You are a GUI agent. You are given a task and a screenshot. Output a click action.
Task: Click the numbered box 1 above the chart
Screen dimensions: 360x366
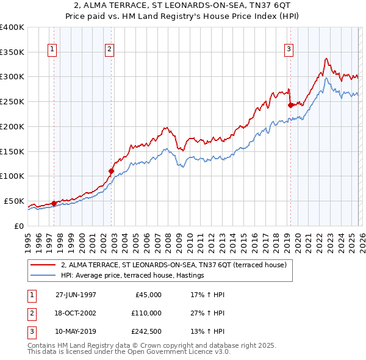pos(52,50)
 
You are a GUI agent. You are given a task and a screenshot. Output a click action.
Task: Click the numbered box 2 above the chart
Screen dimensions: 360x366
pos(109,50)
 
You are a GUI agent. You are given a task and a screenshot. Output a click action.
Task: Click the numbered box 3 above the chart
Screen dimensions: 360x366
pos(289,50)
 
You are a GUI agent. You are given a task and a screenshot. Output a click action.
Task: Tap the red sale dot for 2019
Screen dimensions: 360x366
pos(290,105)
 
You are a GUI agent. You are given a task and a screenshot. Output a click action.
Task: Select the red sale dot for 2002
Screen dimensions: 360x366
pos(111,171)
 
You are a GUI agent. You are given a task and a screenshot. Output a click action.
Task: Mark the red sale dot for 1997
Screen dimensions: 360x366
pos(54,203)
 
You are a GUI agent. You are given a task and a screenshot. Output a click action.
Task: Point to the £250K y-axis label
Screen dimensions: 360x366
pos(12,101)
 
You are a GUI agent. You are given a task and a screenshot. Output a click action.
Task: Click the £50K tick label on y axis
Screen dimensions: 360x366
pos(14,201)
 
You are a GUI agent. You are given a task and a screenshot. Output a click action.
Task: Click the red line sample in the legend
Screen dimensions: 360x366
pos(43,265)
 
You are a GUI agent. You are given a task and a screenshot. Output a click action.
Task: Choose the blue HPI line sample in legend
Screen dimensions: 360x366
pos(43,276)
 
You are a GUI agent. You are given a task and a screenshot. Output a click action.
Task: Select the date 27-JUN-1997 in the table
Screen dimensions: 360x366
pos(76,295)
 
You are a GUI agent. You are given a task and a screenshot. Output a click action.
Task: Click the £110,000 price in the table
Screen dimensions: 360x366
pos(146,313)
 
